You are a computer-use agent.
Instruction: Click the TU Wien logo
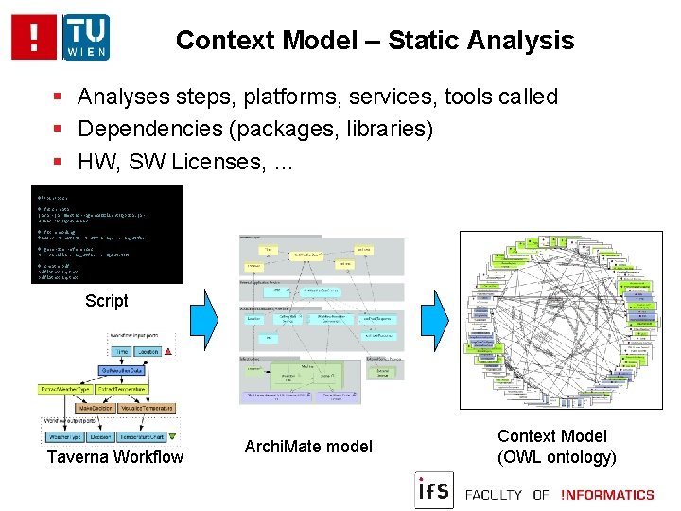click(x=86, y=37)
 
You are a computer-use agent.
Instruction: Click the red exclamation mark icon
click(x=35, y=37)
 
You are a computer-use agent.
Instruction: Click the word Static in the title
click(x=426, y=41)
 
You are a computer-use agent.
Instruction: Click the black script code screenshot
click(x=107, y=235)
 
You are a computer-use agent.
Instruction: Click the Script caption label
click(x=106, y=301)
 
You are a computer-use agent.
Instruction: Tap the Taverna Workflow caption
click(x=115, y=457)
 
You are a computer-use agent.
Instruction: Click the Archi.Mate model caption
click(x=308, y=446)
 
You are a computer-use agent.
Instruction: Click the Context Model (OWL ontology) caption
click(x=557, y=447)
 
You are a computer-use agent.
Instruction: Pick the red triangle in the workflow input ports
click(x=166, y=351)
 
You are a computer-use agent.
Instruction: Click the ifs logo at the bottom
click(x=433, y=491)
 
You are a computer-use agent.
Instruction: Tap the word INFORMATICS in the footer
click(x=607, y=494)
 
